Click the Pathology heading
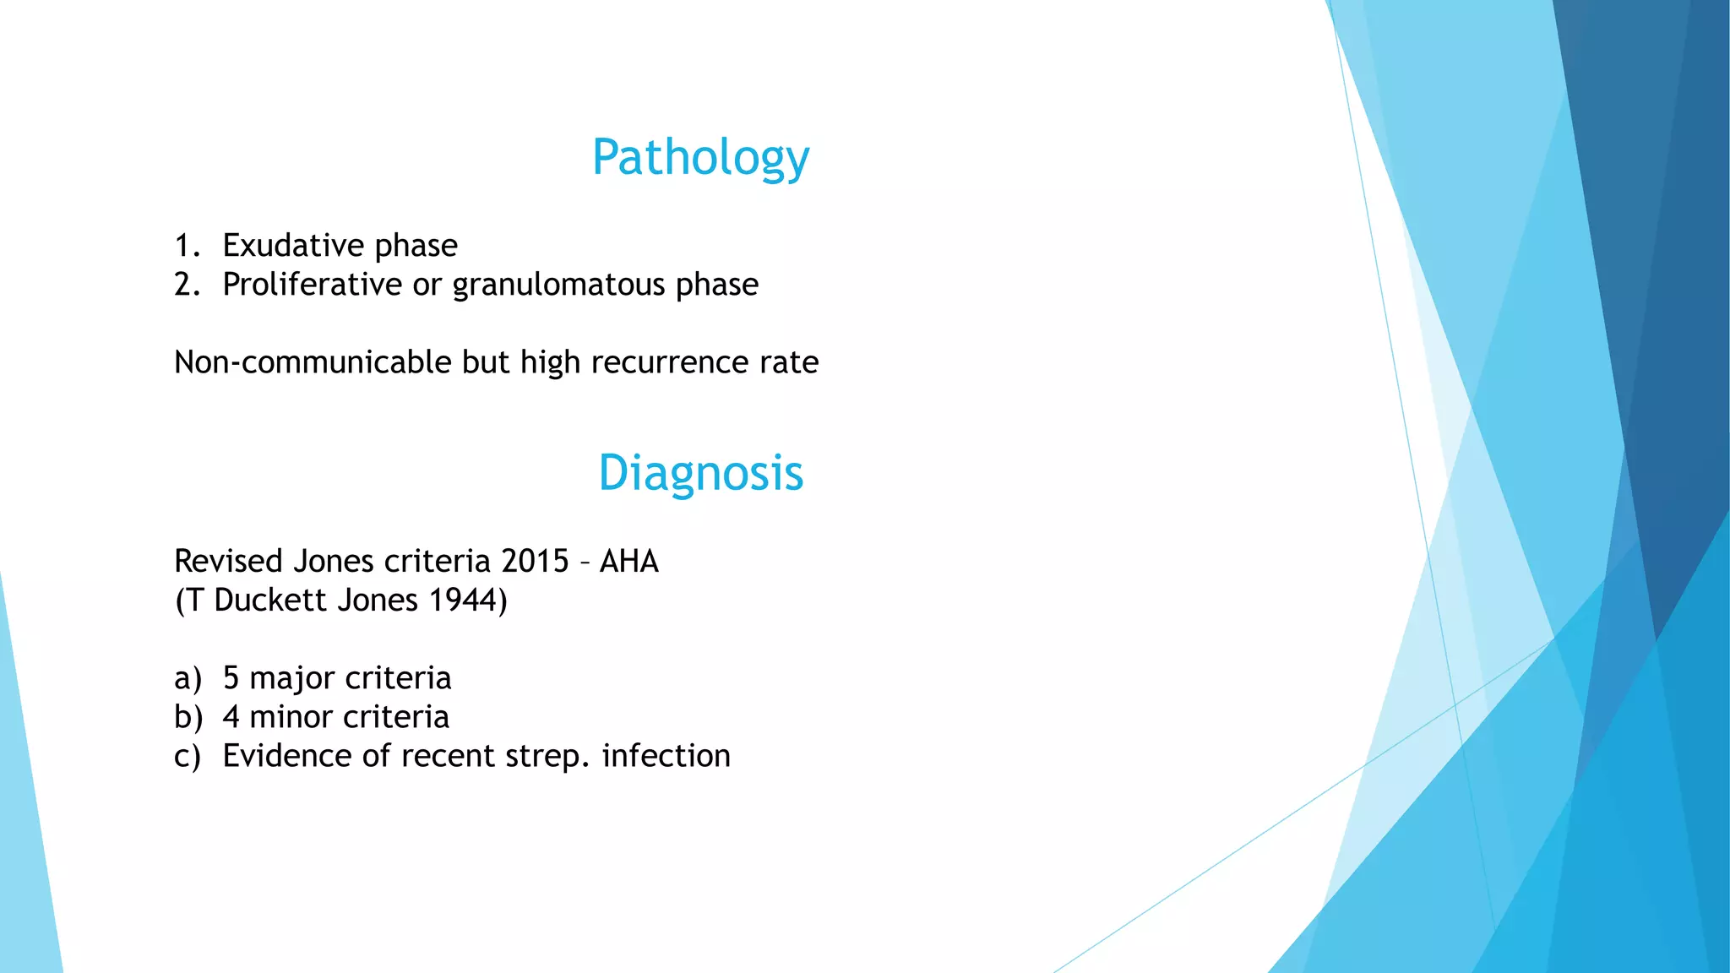[700, 158]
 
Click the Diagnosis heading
[700, 473]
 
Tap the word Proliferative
[312, 285]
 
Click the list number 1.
[187, 246]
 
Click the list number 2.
[187, 285]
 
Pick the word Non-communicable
[313, 362]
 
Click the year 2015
[535, 562]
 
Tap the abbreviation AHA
[628, 562]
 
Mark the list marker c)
[188, 756]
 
